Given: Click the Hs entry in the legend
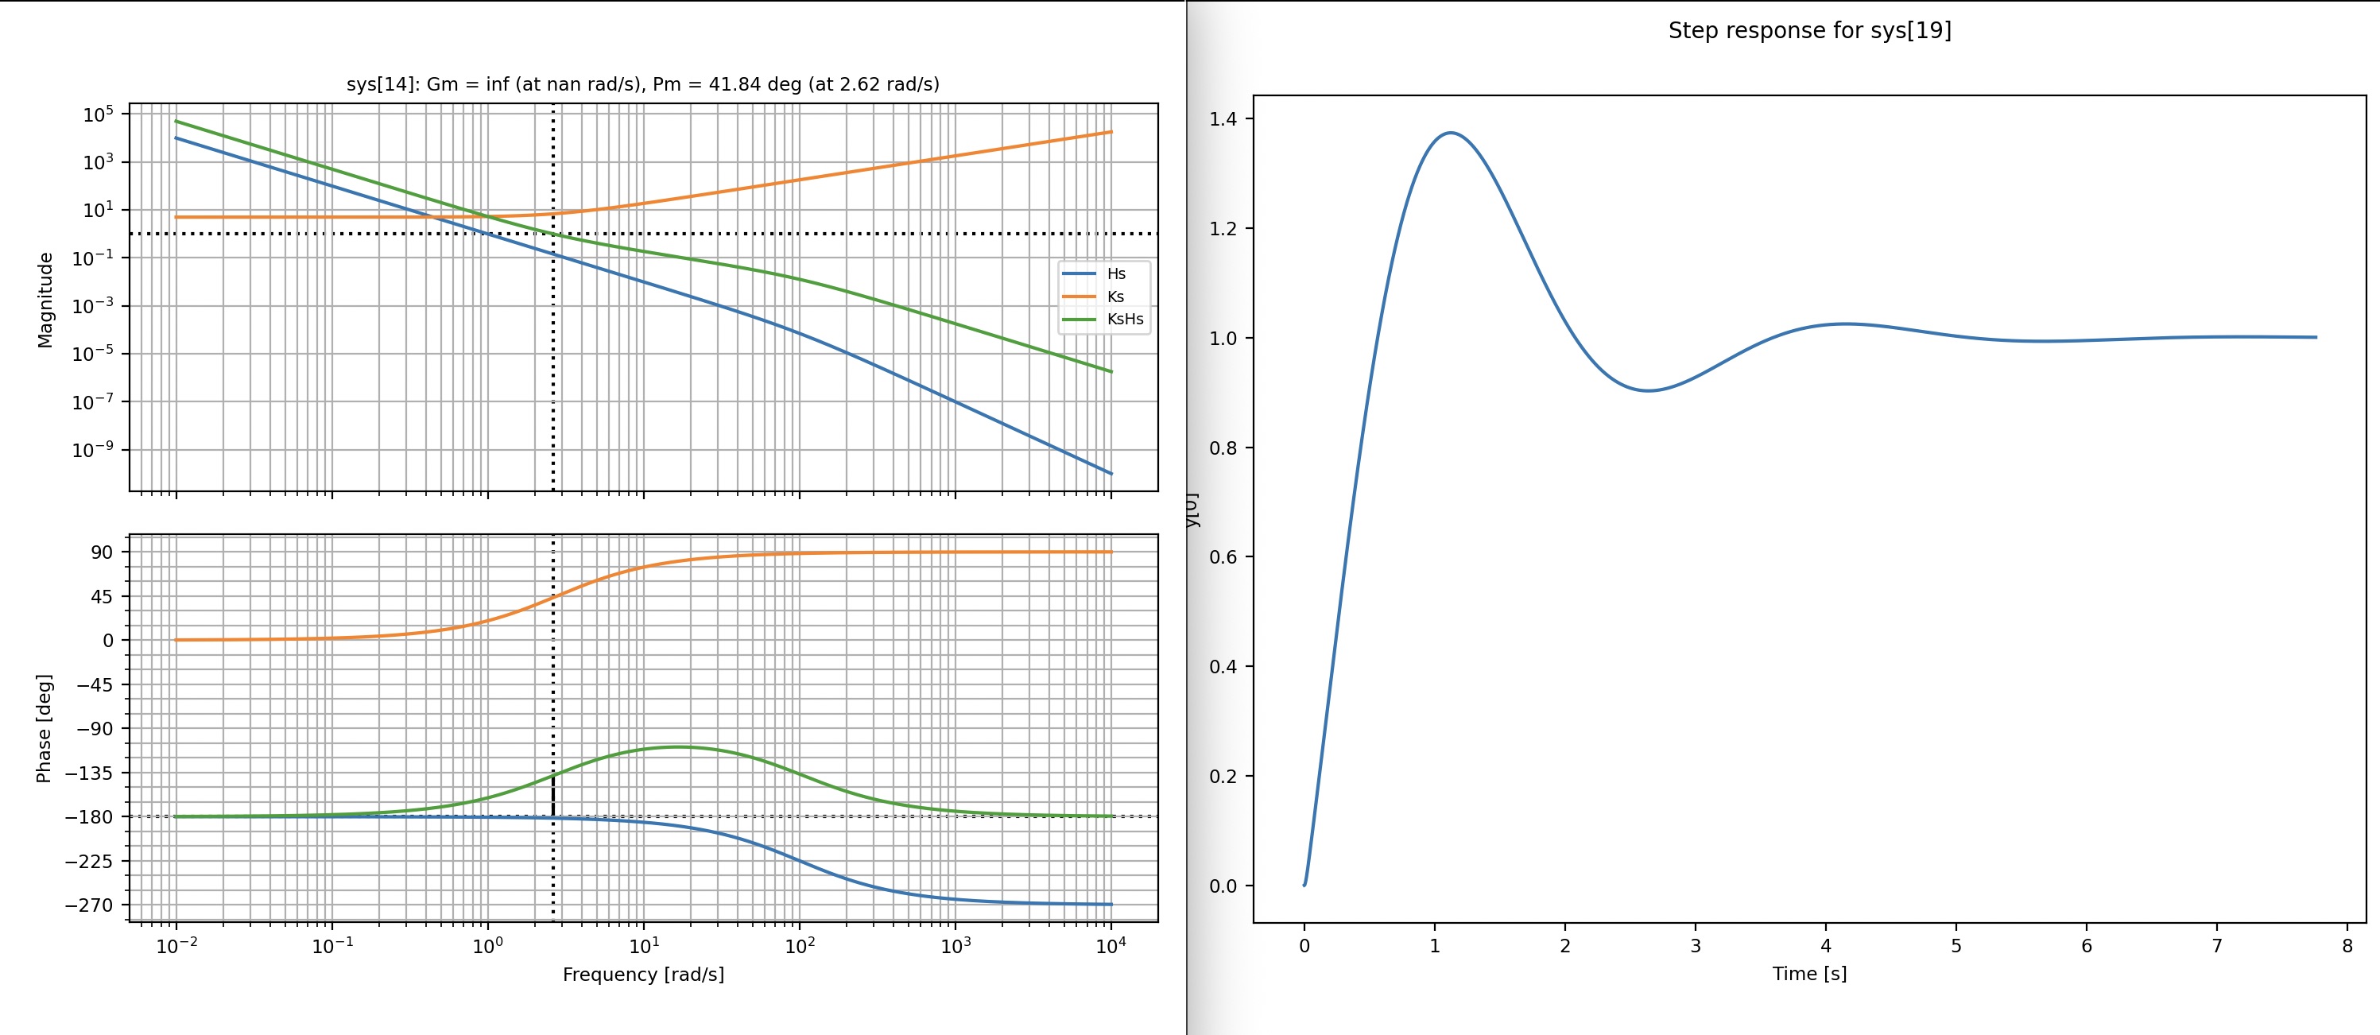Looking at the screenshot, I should [x=1115, y=273].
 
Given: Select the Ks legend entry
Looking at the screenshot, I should [x=1114, y=297].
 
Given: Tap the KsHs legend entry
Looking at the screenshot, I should [x=1124, y=319].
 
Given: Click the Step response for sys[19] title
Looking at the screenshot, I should [x=1809, y=30].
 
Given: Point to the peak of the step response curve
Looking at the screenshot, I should [x=1451, y=133].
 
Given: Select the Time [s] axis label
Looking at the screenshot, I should [x=1809, y=973].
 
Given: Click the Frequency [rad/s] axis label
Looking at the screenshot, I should [x=643, y=974].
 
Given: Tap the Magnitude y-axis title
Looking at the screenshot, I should [x=45, y=300].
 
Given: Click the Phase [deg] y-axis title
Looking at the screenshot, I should [x=44, y=728].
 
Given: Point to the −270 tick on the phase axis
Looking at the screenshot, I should [x=89, y=905].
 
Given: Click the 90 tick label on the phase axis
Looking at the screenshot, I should [x=102, y=552].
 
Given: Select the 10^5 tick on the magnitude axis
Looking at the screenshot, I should [x=98, y=114].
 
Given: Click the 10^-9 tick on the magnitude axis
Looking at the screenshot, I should [x=93, y=450].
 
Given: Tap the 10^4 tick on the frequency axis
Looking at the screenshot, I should [x=1110, y=945].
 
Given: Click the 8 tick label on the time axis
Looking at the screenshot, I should [x=2347, y=945].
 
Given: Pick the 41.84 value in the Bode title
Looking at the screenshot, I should [x=735, y=84].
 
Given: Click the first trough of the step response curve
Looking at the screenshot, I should [x=1648, y=391].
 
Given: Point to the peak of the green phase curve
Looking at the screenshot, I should [x=677, y=746].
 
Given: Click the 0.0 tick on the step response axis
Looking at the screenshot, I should [x=1224, y=886].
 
